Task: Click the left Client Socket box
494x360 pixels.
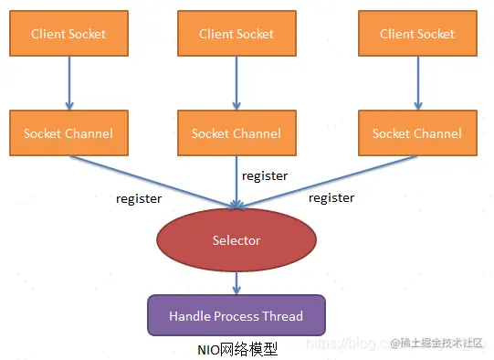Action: [x=68, y=35]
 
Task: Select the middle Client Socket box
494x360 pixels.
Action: [x=236, y=35]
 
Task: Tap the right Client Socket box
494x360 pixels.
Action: [x=417, y=35]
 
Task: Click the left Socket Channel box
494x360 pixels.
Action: [x=68, y=133]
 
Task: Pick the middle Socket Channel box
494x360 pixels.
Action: [x=236, y=133]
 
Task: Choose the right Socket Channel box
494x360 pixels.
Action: [x=417, y=133]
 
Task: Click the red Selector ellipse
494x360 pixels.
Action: [x=236, y=240]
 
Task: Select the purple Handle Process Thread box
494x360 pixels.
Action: [x=236, y=315]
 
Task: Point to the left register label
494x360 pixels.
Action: [x=139, y=197]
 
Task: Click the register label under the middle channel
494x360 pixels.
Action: [x=264, y=175]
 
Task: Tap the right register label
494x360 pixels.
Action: [x=331, y=197]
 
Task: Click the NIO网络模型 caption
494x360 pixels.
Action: [x=236, y=349]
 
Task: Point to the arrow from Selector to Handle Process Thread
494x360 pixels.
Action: [x=236, y=282]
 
